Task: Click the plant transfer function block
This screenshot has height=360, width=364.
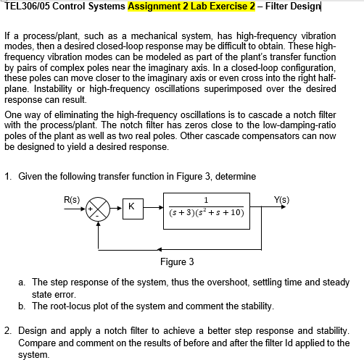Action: pos(207,208)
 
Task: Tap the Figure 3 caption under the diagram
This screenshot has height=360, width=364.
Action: pos(176,261)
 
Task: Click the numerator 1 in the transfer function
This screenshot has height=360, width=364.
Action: pos(207,201)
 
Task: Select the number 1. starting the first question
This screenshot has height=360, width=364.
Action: pos(7,177)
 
